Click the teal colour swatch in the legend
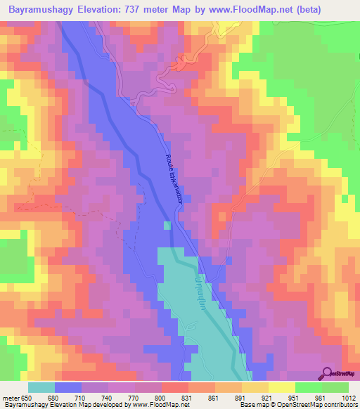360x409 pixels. [41, 387]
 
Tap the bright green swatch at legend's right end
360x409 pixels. [335, 387]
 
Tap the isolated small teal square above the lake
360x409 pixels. [167, 226]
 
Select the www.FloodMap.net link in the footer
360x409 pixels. [151, 405]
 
